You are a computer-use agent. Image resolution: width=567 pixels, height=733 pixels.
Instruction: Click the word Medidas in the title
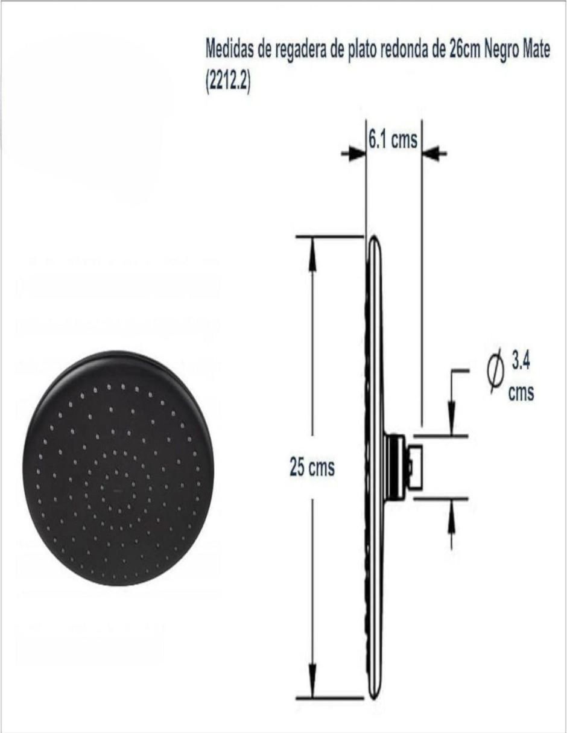[230, 49]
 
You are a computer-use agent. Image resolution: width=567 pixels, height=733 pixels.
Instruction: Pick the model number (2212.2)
[228, 83]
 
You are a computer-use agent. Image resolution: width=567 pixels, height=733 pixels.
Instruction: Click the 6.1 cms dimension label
[393, 139]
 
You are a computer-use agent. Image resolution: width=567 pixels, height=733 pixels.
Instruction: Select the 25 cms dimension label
[312, 468]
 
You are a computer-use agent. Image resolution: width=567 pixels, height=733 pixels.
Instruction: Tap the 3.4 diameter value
[521, 363]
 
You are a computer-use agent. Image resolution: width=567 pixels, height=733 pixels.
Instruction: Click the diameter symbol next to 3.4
[496, 373]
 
